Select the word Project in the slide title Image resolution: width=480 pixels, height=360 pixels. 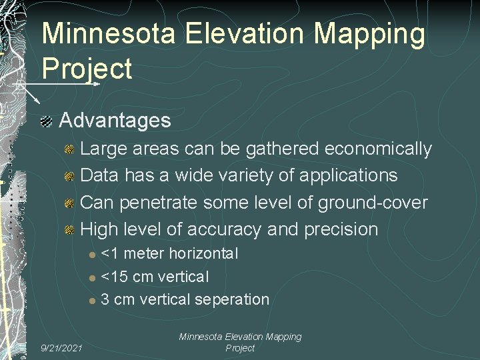(87, 68)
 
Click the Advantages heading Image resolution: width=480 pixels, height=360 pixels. (115, 121)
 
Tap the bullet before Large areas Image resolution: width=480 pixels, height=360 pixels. (69, 149)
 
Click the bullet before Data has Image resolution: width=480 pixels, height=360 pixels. (69, 176)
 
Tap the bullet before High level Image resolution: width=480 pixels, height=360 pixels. (69, 230)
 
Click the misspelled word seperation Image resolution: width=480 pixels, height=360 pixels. (227, 299)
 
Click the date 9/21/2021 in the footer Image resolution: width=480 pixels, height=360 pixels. (61, 347)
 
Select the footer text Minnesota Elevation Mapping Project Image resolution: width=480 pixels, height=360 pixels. (240, 343)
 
